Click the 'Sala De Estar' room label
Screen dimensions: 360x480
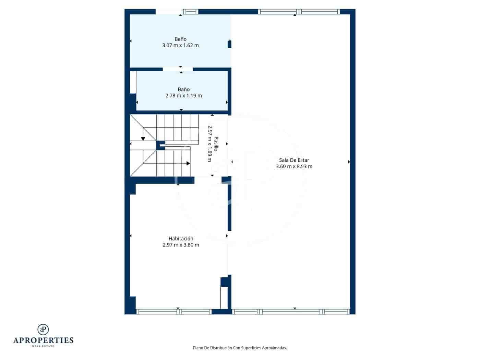pos(294,160)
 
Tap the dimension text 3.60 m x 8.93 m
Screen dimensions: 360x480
pos(294,167)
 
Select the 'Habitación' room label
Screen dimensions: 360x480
pos(181,239)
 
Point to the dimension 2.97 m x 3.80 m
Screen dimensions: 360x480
pos(181,245)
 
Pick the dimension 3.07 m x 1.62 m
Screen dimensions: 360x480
pos(180,45)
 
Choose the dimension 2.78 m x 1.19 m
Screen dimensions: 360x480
pos(183,96)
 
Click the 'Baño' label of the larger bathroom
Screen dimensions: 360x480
pos(180,39)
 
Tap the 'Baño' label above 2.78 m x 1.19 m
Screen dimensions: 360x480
pos(183,89)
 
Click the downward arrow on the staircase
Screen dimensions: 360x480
pos(143,138)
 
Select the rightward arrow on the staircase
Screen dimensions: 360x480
pos(188,164)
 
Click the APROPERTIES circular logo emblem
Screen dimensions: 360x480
pos(43,329)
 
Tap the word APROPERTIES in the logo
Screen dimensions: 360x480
pos(43,340)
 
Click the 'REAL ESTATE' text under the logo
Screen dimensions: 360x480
pos(43,346)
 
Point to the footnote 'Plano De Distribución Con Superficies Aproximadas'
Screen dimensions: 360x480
pos(240,348)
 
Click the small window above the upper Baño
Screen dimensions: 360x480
pos(191,12)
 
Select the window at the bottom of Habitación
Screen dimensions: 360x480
pos(174,312)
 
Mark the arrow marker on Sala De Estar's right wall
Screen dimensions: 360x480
pos(349,162)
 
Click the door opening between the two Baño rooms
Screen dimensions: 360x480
pos(178,69)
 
